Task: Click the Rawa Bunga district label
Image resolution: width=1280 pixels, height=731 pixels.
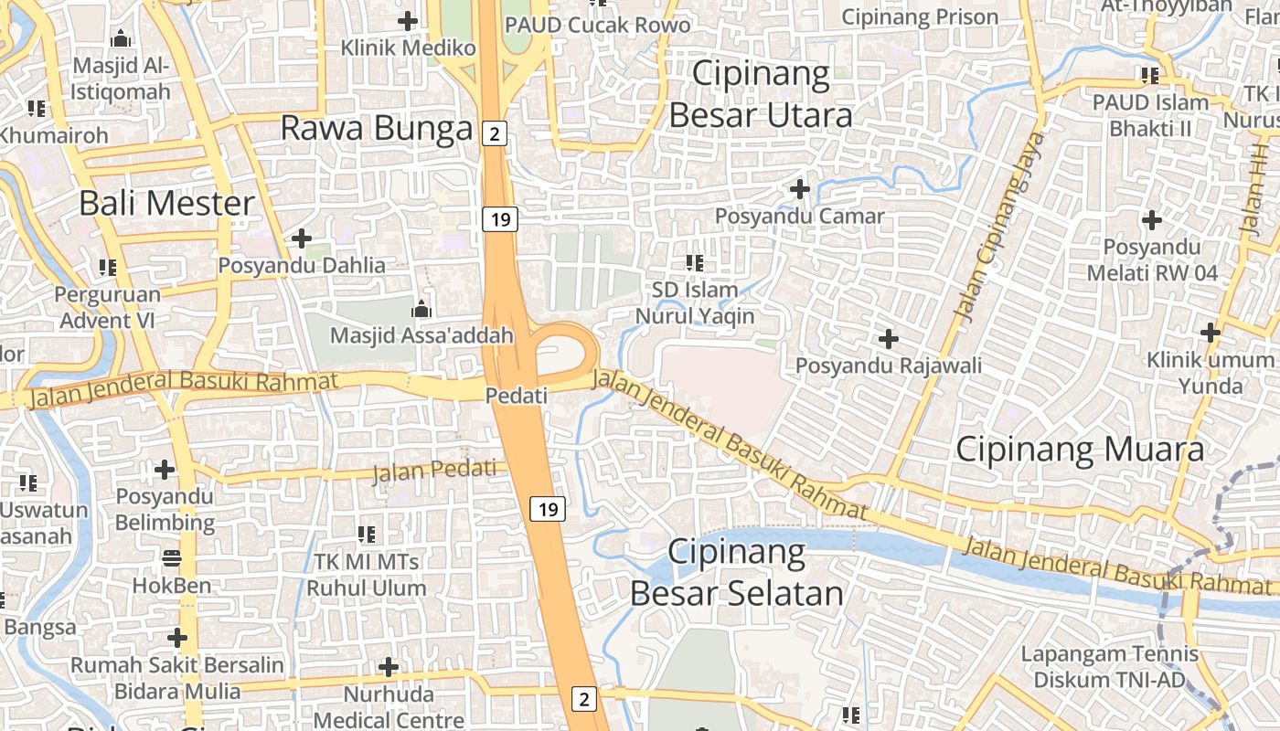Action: (376, 129)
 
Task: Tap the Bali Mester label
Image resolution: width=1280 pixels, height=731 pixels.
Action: (166, 203)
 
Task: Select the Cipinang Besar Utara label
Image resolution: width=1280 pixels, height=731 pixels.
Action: (761, 94)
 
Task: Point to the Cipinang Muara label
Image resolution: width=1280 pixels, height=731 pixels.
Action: (1080, 450)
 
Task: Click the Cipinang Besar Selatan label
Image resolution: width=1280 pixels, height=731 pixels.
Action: (737, 573)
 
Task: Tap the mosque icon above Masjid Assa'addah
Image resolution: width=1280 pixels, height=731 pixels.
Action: (421, 309)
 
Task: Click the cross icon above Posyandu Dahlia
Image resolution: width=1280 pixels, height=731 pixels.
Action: (302, 238)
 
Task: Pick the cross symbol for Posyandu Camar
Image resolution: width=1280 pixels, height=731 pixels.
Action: (800, 189)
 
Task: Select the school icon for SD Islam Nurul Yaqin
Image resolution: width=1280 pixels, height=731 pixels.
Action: (695, 263)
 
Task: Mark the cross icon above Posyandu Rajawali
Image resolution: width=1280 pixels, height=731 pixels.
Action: (888, 339)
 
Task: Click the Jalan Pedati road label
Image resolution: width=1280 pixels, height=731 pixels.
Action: (440, 472)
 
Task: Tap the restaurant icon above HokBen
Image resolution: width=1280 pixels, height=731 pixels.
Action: (172, 556)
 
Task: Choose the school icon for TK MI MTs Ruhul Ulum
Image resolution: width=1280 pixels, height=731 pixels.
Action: (367, 534)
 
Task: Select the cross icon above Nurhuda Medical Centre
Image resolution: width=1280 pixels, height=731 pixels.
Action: (389, 667)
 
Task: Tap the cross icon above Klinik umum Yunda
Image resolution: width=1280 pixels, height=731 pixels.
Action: (1211, 333)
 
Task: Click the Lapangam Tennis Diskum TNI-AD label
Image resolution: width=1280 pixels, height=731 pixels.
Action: (1109, 667)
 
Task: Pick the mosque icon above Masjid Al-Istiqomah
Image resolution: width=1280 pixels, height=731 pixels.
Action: (121, 39)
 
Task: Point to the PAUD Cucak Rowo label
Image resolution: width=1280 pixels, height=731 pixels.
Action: (598, 25)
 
